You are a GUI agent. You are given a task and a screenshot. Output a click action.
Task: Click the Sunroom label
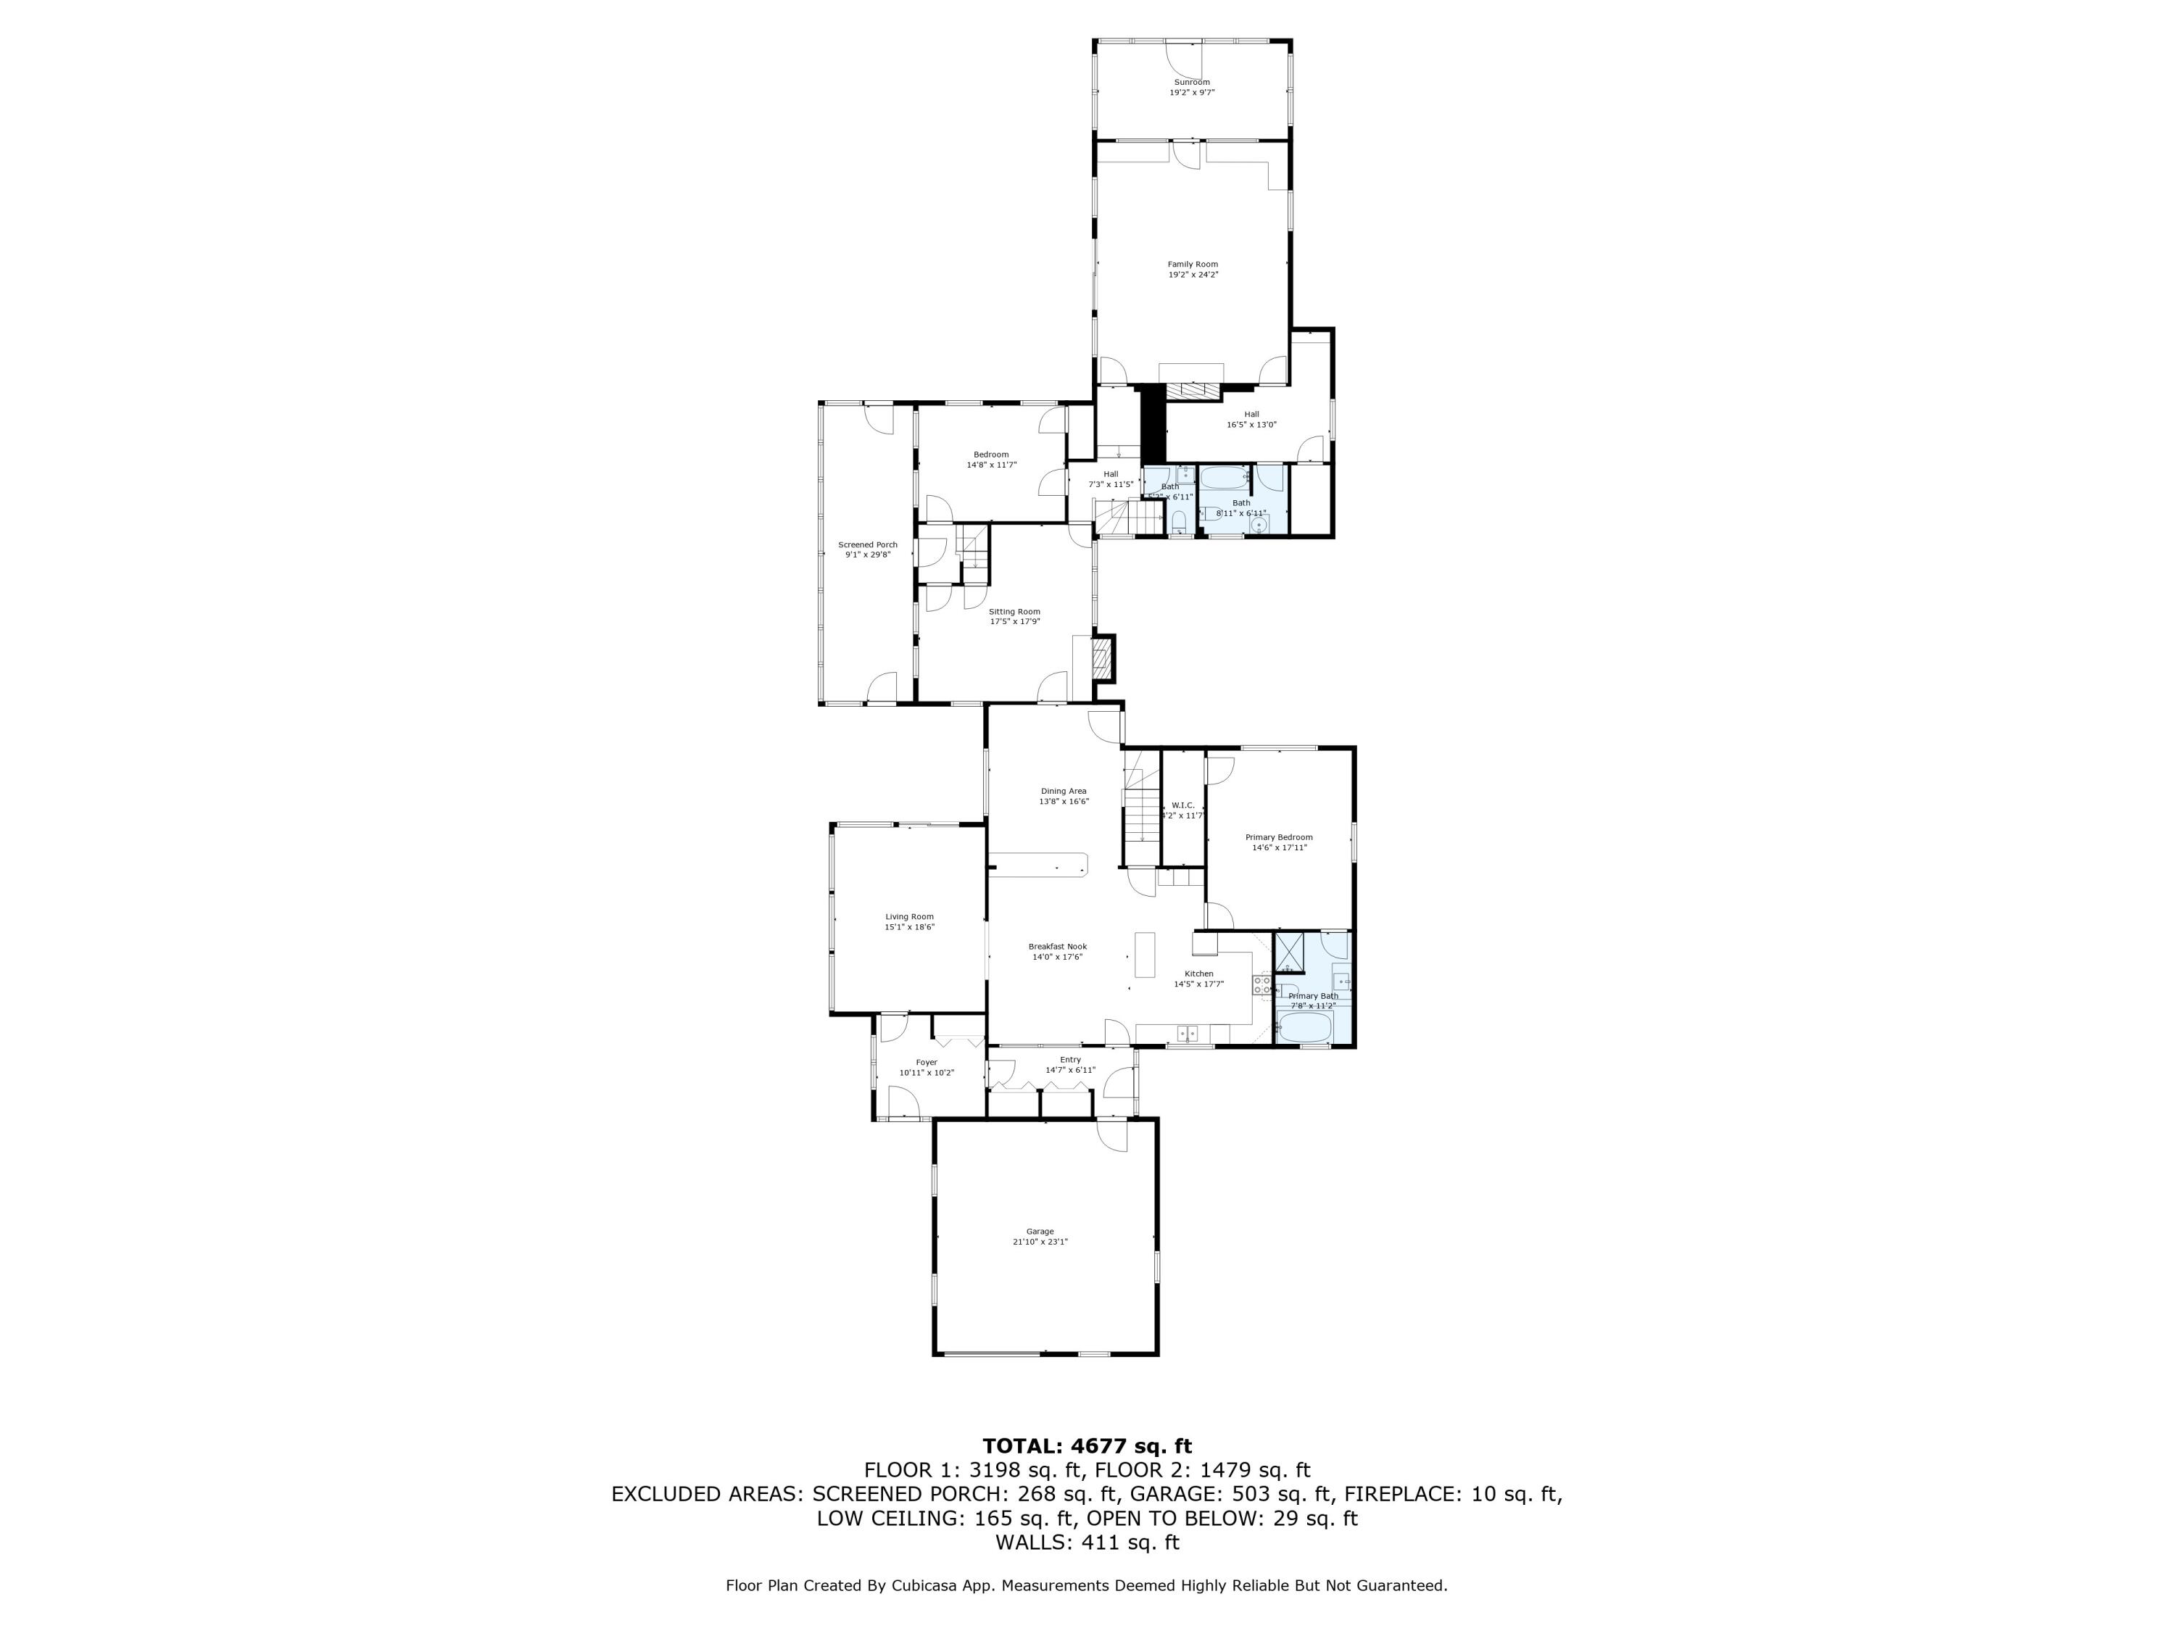[x=1192, y=83]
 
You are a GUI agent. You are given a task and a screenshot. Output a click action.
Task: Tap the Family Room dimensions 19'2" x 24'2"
[x=1193, y=275]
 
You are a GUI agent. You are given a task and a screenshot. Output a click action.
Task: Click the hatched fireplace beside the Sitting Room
[x=1103, y=660]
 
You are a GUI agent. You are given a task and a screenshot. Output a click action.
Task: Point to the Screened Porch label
[x=867, y=544]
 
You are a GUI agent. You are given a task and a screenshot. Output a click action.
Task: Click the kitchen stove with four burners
[x=1261, y=985]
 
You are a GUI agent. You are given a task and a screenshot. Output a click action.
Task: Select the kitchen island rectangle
[x=1145, y=955]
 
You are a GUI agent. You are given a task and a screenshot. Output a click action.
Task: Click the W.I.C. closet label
[x=1183, y=805]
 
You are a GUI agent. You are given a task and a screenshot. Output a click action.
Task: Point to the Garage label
[x=1040, y=1231]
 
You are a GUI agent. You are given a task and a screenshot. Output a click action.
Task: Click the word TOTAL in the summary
[x=1022, y=1446]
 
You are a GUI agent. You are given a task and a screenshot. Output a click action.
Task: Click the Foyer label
[x=927, y=1062]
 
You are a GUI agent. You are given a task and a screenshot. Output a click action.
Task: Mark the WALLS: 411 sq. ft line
[x=1087, y=1543]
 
